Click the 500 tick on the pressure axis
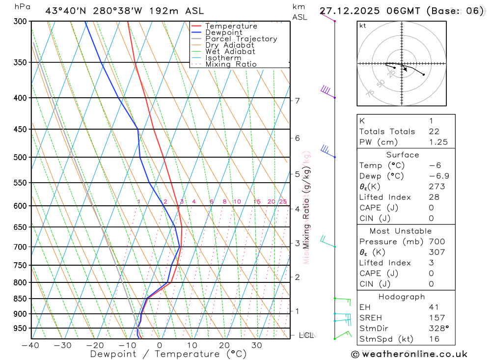pos(20,157)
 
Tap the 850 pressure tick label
pos(20,299)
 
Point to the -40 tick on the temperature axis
pos(30,345)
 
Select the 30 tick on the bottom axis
pos(257,345)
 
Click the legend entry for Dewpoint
pos(223,32)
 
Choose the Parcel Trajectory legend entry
pos(241,39)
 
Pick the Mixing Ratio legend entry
pos(231,64)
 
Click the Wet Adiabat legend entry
pos(230,52)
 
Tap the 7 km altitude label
pos(297,101)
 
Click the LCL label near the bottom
pos(306,335)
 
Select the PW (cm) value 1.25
pos(438,142)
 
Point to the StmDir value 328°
pos(439,329)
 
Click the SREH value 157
pos(436,318)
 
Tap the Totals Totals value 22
pos(433,131)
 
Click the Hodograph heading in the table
pos(402,297)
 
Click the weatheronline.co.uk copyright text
pos(409,354)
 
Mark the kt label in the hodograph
pos(362,26)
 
